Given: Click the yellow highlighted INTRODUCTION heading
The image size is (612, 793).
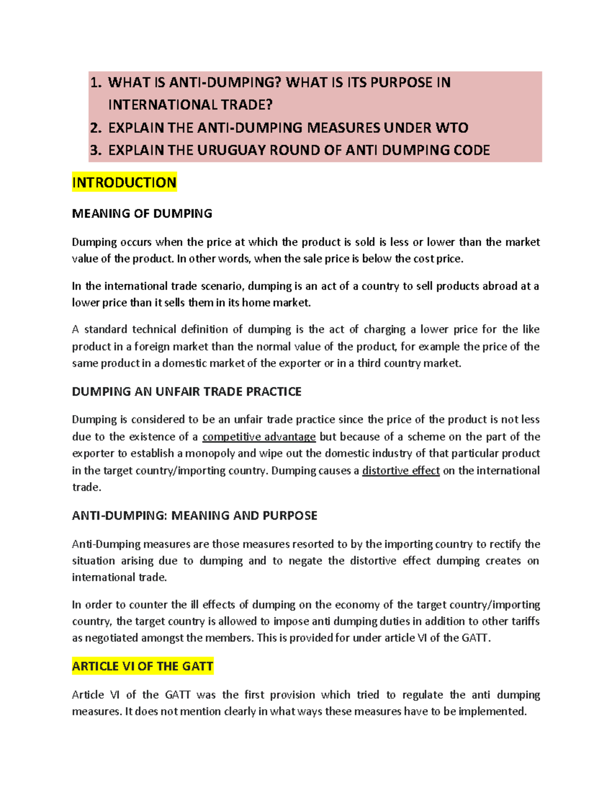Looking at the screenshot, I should pos(124,182).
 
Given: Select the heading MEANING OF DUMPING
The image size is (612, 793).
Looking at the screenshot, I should pos(142,213).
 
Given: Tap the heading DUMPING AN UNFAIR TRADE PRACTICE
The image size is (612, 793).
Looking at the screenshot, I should pos(187,392).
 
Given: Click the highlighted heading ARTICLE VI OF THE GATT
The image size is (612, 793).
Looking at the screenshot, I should pos(143,666).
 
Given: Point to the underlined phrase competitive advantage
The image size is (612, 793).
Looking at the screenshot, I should pos(259,437).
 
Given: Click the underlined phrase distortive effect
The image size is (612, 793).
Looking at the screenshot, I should pos(401,470).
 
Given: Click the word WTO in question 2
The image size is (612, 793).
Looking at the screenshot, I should pos(451,128).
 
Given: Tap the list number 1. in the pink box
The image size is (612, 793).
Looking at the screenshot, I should pos(96,83).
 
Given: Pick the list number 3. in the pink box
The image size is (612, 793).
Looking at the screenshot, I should pos(96,150).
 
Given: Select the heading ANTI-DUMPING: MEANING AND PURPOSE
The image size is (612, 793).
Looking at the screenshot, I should pos(195,516).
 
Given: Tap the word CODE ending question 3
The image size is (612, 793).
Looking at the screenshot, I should pos(472,150).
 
